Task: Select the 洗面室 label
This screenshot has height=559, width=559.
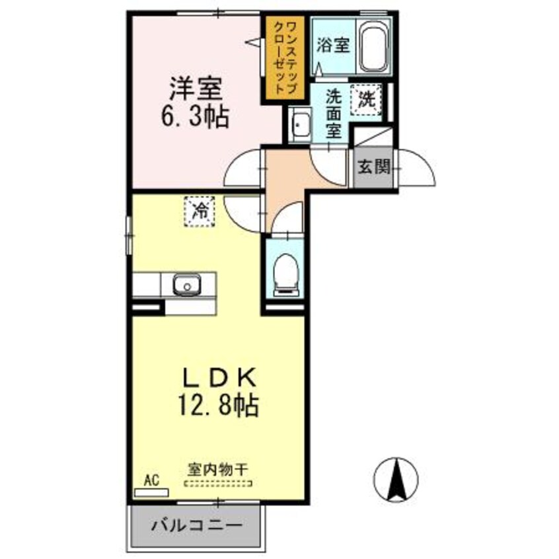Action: (x=334, y=113)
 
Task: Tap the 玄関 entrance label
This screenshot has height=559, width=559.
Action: (x=373, y=167)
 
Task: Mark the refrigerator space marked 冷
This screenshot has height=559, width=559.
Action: (x=200, y=211)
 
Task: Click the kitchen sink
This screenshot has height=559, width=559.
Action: (x=187, y=286)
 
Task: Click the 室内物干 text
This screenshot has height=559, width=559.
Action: (x=217, y=470)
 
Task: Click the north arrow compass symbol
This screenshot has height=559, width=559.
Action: (x=396, y=479)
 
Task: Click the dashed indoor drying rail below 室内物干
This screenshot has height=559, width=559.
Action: (x=217, y=483)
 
